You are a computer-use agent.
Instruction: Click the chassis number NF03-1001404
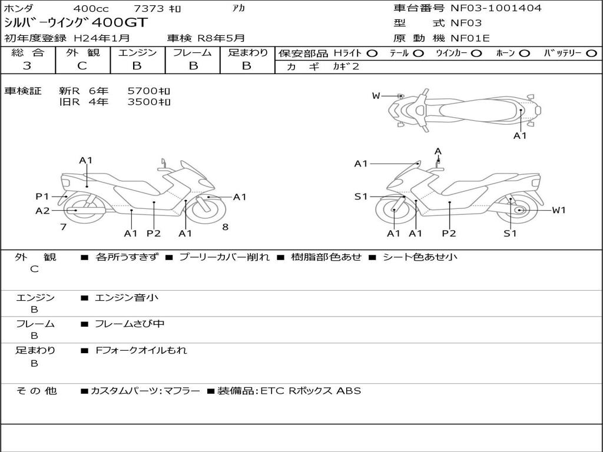(496, 8)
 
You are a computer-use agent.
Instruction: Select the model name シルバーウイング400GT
(76, 23)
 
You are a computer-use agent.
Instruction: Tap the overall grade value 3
(27, 66)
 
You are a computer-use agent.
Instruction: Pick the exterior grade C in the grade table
(82, 66)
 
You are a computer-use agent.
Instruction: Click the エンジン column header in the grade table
(137, 53)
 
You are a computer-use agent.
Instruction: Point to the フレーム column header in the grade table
(193, 53)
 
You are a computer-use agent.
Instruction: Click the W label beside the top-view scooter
(376, 96)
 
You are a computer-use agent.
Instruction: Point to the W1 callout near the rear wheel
(558, 210)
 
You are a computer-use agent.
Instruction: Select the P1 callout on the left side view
(42, 197)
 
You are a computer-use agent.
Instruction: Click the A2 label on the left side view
(42, 211)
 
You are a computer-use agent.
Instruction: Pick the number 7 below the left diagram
(63, 227)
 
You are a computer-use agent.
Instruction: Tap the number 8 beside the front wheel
(225, 227)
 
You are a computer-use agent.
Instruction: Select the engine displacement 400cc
(91, 8)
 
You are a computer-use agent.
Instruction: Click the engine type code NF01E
(470, 39)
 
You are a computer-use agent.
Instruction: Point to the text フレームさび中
(130, 324)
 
